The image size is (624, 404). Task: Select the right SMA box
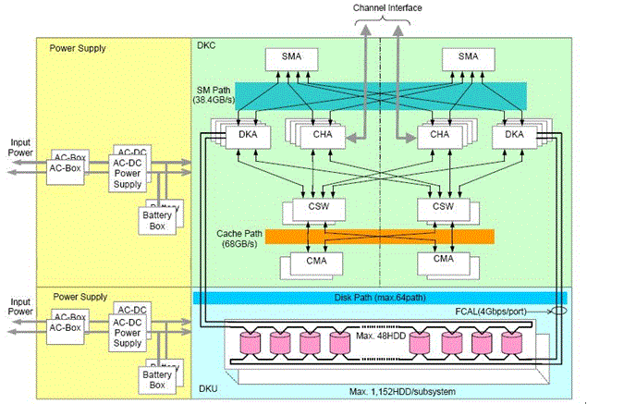click(x=469, y=57)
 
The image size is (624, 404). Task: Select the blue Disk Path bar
click(x=378, y=298)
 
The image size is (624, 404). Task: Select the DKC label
click(x=206, y=43)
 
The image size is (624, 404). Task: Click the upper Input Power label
click(x=20, y=149)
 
